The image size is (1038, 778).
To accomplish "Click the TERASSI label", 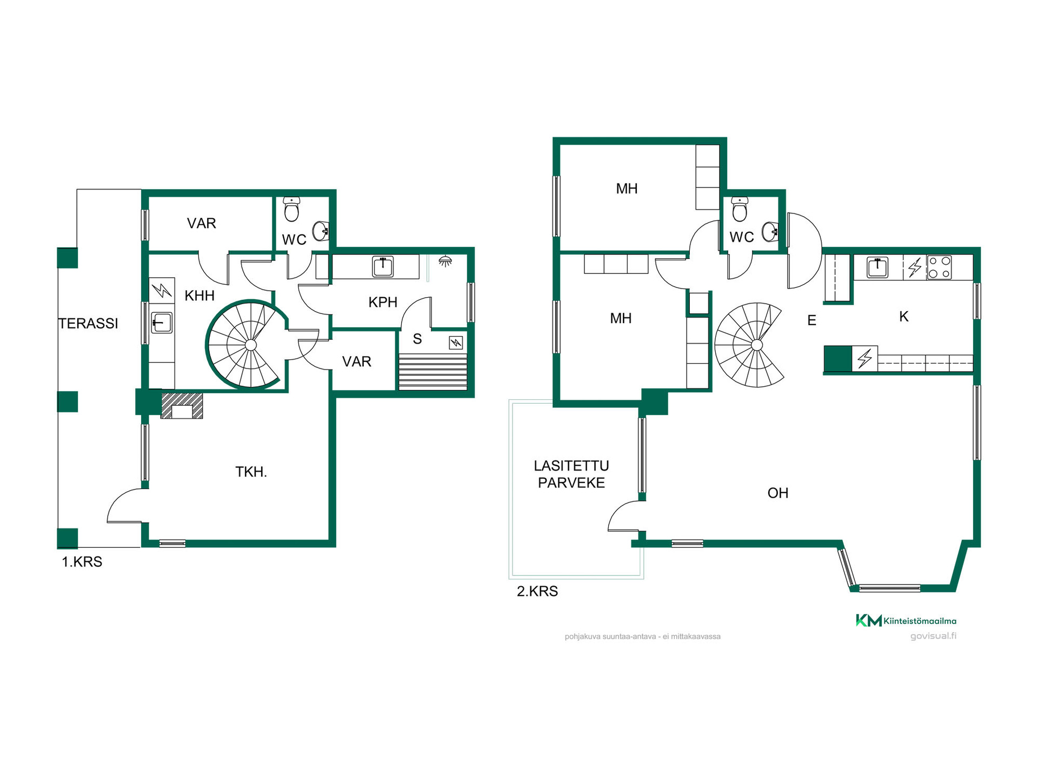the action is point(88,324).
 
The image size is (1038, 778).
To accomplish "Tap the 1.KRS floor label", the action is point(82,562).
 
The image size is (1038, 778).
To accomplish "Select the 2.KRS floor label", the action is point(537,591).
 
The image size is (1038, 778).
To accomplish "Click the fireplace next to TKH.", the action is point(182,406).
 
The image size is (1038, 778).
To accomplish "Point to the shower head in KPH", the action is point(445,261).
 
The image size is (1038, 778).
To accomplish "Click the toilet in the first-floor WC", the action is point(291,209).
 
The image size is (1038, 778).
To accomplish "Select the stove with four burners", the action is point(939,267).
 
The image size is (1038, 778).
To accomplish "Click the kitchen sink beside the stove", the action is point(877,267).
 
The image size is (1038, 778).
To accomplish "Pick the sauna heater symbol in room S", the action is point(456,343).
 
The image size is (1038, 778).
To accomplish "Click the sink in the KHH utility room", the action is point(162,323).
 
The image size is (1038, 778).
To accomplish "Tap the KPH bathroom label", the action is point(383,303).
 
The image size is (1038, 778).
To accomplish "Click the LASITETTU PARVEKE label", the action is point(571,474).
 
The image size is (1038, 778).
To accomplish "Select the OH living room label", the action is point(778,493).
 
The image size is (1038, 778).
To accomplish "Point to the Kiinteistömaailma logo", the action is point(906,621).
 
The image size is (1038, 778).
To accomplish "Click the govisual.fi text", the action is point(933,636).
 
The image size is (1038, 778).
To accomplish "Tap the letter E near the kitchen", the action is point(811,320).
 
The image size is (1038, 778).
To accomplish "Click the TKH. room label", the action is point(251,472).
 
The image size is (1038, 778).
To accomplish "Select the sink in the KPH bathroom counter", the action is point(383,267).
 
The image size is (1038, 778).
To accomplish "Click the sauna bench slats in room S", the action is point(432,372).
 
